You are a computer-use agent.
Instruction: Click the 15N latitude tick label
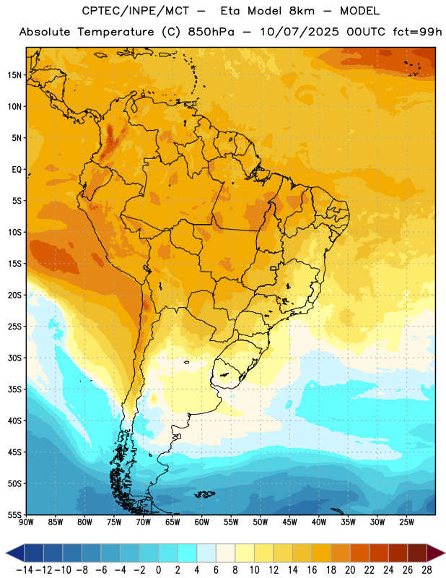pos(14,75)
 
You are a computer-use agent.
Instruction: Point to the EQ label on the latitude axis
pos(17,170)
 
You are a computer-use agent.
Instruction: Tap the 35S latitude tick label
pos(14,389)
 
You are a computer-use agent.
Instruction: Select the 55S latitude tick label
pos(14,515)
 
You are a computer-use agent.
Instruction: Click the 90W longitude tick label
pos(26,522)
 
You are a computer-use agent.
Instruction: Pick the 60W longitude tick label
pos(202,522)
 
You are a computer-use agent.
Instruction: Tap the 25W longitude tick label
pos(406,522)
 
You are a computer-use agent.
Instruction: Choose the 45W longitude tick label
pos(290,522)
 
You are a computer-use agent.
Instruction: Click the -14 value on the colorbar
pos(25,570)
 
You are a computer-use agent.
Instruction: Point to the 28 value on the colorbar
pos(427,570)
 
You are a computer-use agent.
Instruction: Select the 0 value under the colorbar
pos(159,570)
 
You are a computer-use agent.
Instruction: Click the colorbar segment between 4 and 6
pos(206,553)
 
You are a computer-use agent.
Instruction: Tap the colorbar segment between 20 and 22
pos(360,553)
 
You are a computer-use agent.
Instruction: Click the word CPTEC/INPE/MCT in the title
pos(136,11)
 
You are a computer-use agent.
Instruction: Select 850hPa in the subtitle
pos(211,32)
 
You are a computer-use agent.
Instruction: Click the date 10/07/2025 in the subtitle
pos(299,32)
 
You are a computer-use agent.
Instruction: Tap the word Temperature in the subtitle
pos(116,32)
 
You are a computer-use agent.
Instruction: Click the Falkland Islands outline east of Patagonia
pos(205,494)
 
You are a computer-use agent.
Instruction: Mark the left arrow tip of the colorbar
pos(6,553)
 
